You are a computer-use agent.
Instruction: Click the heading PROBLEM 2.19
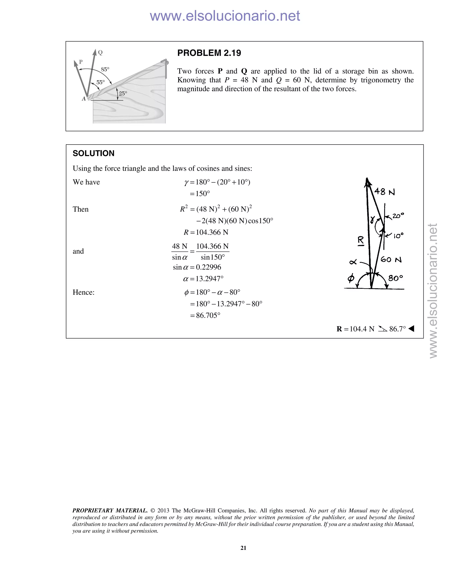[209, 53]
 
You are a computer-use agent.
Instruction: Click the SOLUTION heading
[93, 153]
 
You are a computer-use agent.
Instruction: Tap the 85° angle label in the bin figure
[105, 69]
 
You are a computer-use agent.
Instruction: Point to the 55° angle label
[100, 82]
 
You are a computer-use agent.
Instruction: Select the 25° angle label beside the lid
[123, 94]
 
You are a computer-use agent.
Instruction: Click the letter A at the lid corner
[84, 99]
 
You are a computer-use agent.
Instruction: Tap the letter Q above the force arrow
[100, 52]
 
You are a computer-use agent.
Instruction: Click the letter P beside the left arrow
[81, 62]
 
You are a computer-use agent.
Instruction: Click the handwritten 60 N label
[391, 259]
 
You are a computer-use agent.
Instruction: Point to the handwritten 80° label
[395, 278]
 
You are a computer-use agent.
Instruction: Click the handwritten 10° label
[398, 236]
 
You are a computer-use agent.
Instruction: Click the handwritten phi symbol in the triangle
[351, 279]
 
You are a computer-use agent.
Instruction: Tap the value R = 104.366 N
[206, 232]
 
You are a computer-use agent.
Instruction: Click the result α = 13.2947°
[203, 279]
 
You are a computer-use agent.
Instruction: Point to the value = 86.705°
[205, 316]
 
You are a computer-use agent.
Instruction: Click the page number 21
[243, 548]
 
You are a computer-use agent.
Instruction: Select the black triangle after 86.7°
[411, 329]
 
